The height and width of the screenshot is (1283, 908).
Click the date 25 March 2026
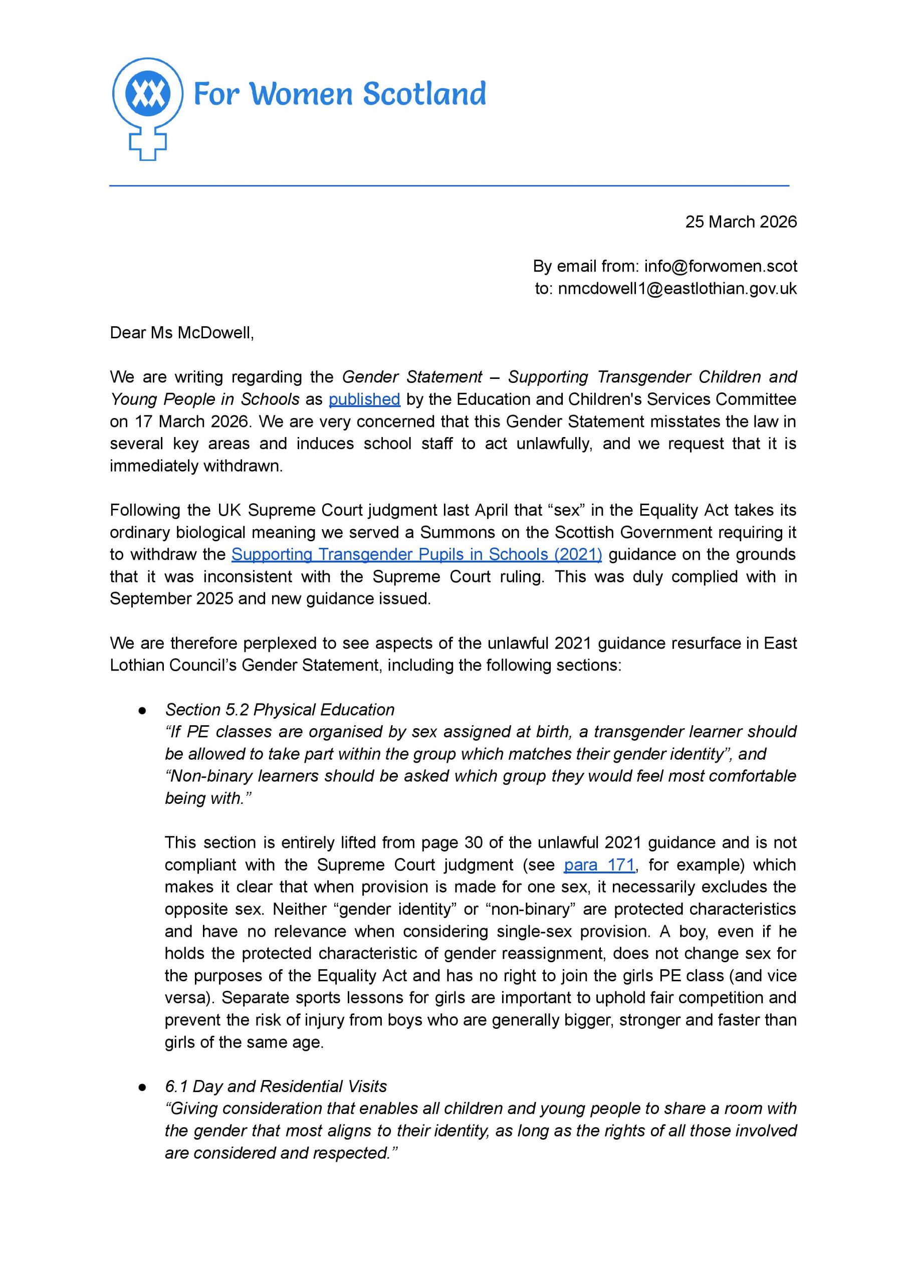pos(740,222)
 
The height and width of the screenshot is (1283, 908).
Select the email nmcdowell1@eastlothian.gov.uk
pos(676,289)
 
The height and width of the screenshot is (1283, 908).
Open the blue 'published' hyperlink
pos(364,399)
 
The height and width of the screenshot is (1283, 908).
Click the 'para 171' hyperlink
pos(599,865)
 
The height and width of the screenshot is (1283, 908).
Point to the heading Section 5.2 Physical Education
pos(280,710)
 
